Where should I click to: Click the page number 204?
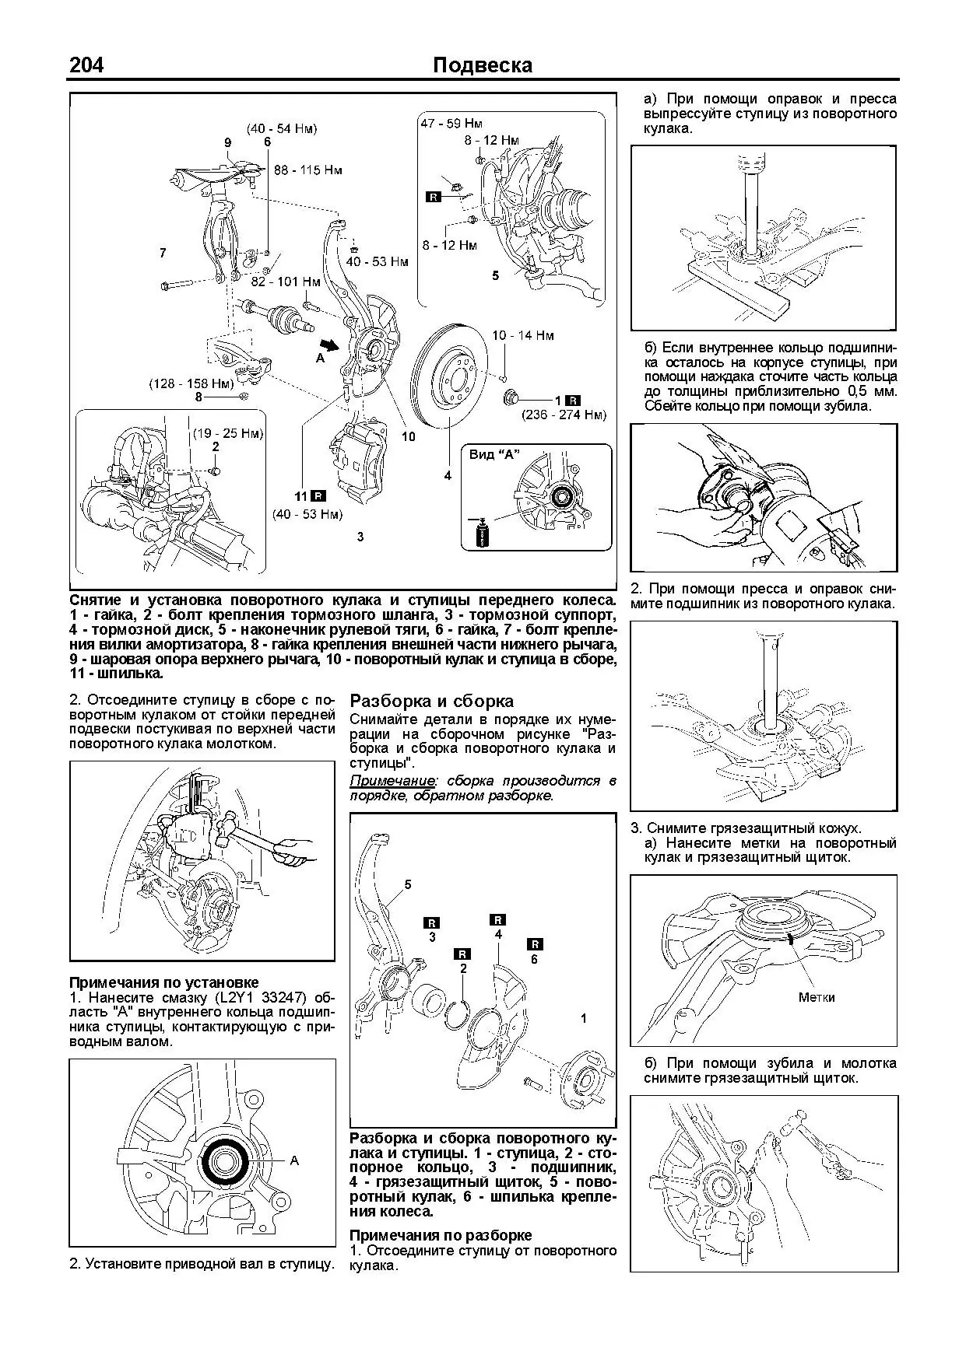(x=86, y=65)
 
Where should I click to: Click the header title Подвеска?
(x=482, y=65)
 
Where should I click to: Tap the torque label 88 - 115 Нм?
(x=307, y=170)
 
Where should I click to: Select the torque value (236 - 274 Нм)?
(x=564, y=415)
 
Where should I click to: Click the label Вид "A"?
(x=494, y=454)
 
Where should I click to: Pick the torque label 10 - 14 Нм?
(x=522, y=335)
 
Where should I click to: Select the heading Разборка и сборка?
(x=431, y=701)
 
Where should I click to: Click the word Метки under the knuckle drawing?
(x=816, y=997)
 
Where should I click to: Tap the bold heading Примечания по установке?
(x=164, y=982)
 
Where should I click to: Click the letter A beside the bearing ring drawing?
(x=294, y=1160)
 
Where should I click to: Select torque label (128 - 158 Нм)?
(x=191, y=383)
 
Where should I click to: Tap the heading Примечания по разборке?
(x=441, y=1235)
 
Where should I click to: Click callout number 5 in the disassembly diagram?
(x=408, y=884)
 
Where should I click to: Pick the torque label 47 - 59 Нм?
(x=451, y=123)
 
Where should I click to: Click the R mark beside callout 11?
(x=318, y=495)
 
